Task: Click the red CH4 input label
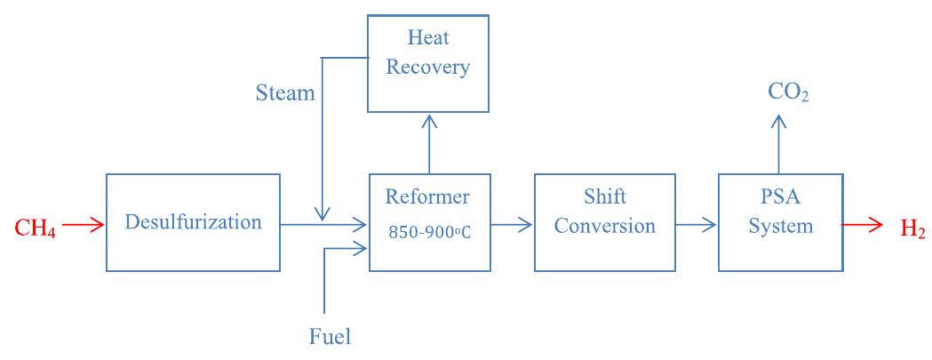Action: [36, 228]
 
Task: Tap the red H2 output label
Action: [912, 228]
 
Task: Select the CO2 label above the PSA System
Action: [788, 92]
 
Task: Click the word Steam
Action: [285, 92]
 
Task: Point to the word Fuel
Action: [330, 336]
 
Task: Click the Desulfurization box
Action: [193, 222]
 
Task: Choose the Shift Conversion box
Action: [607, 222]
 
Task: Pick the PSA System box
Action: [780, 222]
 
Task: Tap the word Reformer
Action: [428, 196]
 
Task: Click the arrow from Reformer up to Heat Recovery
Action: [429, 142]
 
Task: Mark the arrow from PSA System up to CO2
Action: [780, 142]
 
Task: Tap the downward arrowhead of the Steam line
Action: [323, 213]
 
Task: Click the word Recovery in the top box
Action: [428, 68]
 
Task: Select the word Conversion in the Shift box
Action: [607, 226]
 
